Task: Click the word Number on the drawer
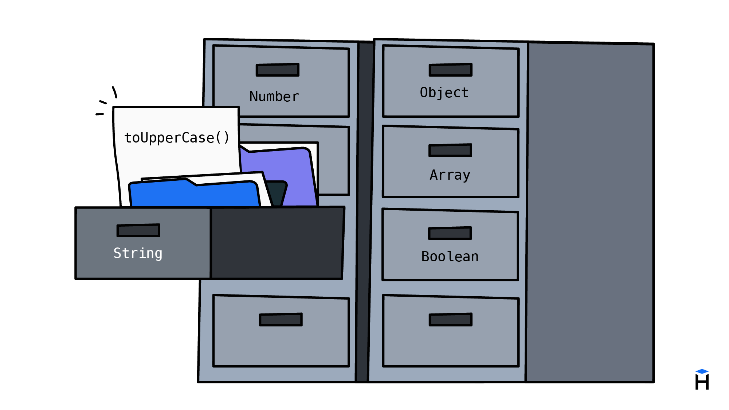click(x=274, y=97)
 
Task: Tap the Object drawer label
click(x=444, y=93)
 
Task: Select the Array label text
click(x=450, y=175)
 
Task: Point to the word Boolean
click(x=450, y=257)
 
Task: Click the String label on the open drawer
click(x=138, y=253)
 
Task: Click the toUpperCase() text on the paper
click(x=177, y=138)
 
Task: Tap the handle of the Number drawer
click(x=278, y=70)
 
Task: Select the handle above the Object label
click(x=451, y=70)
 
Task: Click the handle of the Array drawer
click(x=450, y=150)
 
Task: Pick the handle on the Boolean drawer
click(x=450, y=233)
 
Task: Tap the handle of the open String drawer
click(x=138, y=230)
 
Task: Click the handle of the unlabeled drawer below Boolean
click(x=451, y=320)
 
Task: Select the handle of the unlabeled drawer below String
click(x=281, y=320)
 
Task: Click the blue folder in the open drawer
click(x=193, y=195)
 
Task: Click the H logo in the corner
click(x=702, y=382)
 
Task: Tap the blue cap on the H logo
click(x=702, y=371)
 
